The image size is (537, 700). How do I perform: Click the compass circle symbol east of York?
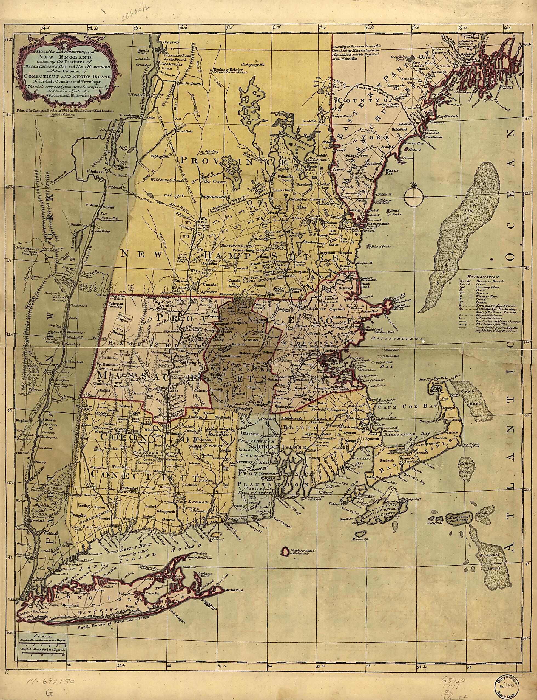tap(414, 196)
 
